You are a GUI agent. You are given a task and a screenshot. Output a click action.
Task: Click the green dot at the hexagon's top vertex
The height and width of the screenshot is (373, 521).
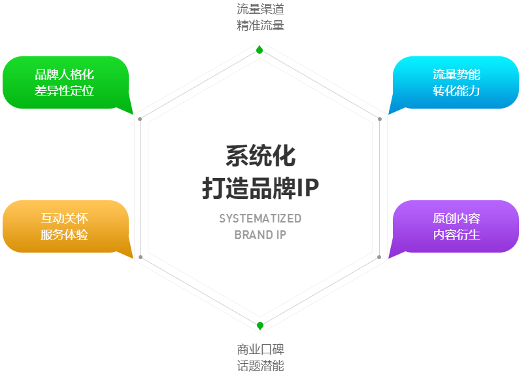tap(260, 50)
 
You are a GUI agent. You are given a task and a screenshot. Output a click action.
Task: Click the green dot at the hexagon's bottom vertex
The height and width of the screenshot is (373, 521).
tap(260, 326)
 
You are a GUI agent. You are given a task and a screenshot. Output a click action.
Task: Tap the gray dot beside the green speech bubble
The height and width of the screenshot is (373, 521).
tap(140, 119)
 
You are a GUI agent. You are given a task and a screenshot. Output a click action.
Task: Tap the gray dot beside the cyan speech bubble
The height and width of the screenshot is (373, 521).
tap(380, 119)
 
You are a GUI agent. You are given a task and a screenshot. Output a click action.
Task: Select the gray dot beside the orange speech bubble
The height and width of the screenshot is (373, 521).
tap(140, 257)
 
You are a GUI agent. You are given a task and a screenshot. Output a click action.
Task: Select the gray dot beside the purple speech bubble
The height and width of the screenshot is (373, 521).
tap(379, 257)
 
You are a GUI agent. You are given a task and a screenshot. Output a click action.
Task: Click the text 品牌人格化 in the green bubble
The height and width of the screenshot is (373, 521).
tap(65, 75)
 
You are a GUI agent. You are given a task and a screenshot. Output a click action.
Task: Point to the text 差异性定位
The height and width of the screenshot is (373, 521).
tap(65, 91)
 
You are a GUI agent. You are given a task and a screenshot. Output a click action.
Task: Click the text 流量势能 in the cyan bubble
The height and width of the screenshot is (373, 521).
tap(456, 75)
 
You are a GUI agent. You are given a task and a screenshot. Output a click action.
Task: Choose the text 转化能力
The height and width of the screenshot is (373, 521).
tap(456, 91)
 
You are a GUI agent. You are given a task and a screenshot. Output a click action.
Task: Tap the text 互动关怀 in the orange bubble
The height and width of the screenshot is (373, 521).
tap(65, 219)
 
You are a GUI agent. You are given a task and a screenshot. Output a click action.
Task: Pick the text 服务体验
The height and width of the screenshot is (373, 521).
tap(65, 235)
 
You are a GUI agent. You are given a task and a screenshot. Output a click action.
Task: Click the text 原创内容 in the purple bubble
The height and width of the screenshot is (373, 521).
tap(456, 219)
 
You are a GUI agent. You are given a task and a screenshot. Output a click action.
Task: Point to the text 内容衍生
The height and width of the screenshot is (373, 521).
tap(456, 235)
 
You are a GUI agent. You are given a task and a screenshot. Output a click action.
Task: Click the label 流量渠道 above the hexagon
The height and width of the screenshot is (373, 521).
tap(260, 9)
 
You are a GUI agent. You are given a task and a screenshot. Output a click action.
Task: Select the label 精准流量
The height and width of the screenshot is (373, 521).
tap(260, 26)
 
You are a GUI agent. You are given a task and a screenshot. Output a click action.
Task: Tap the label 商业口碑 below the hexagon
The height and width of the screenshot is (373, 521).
tap(260, 349)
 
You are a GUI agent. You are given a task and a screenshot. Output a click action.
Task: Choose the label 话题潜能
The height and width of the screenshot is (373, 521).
tap(260, 366)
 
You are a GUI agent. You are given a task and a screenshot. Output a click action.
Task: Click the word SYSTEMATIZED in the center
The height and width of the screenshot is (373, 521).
tap(260, 219)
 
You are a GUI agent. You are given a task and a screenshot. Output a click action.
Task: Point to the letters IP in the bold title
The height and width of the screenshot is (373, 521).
tap(308, 188)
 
